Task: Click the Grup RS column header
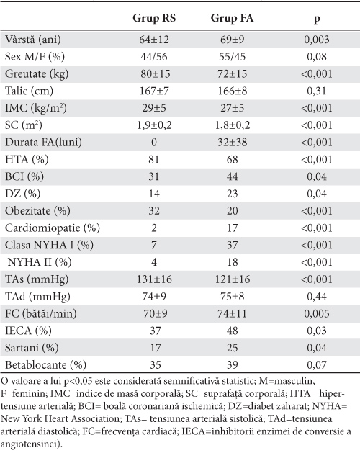click(154, 18)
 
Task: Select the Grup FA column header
click(232, 18)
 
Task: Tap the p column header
click(317, 19)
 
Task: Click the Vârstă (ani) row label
click(33, 40)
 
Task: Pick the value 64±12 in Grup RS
click(154, 40)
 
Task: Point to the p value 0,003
click(317, 40)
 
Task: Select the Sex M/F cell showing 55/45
click(232, 57)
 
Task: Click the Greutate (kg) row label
click(37, 73)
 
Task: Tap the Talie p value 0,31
click(317, 91)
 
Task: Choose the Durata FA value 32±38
click(232, 143)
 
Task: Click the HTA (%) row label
click(27, 159)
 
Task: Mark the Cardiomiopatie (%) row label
click(53, 228)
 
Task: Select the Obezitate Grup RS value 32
click(154, 211)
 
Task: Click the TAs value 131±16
click(154, 279)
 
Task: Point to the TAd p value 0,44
click(317, 297)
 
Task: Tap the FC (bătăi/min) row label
click(41, 313)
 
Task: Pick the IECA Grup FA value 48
click(232, 331)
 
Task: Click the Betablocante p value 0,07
click(317, 365)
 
